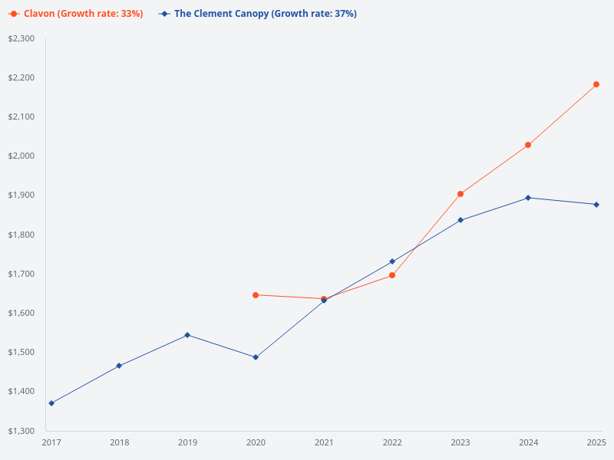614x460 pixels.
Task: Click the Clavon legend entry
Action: tap(75, 14)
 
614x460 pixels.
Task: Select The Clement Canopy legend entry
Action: tap(257, 14)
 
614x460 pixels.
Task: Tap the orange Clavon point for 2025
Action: tap(596, 84)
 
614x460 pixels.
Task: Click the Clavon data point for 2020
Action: tap(256, 295)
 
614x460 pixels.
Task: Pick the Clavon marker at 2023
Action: tap(460, 194)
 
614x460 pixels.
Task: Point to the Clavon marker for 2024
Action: tap(528, 145)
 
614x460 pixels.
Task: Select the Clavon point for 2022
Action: tap(392, 275)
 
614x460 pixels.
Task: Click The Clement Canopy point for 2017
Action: tap(51, 403)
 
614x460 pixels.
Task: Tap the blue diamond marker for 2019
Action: tap(187, 335)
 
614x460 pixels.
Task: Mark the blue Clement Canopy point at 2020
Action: tap(256, 357)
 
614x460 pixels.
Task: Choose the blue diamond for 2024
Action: tap(528, 198)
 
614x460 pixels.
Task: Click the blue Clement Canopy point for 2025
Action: tap(596, 205)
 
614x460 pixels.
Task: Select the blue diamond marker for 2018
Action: tap(119, 366)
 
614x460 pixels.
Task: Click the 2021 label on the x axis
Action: tap(324, 442)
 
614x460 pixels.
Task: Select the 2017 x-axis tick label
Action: tap(51, 442)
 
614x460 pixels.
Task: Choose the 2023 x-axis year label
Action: tap(460, 442)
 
